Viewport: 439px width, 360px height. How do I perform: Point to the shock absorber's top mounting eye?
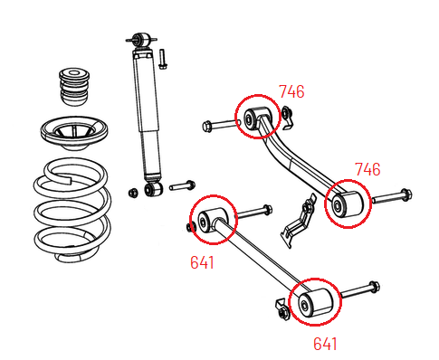(141, 41)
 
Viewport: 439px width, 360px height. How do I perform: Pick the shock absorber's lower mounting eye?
(151, 189)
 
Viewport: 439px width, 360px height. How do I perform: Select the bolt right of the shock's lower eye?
(182, 185)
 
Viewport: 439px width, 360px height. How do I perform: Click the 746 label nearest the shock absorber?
(291, 91)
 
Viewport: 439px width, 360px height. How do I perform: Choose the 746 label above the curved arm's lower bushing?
(367, 169)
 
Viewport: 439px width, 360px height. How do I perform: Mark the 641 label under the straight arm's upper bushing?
(203, 262)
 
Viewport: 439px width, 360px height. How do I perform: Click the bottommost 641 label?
(325, 343)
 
